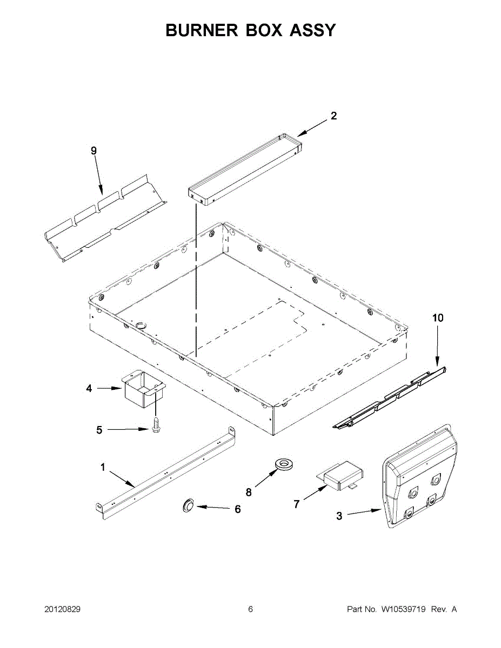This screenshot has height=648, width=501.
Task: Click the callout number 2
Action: [x=334, y=116]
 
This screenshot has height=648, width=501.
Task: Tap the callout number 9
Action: [x=93, y=151]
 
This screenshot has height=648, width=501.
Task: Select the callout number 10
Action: [x=437, y=318]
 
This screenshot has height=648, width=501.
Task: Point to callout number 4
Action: [x=89, y=388]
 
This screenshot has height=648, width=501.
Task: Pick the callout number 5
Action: [x=99, y=430]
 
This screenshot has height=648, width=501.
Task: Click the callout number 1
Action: [x=103, y=468]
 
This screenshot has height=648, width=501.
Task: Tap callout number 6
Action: [x=237, y=509]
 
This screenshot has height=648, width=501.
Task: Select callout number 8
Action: [x=249, y=492]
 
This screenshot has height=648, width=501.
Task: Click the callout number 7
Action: [x=296, y=504]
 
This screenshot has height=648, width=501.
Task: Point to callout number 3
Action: [x=339, y=516]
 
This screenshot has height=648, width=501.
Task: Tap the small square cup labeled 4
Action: [x=144, y=389]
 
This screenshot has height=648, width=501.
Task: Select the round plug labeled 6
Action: [x=188, y=505]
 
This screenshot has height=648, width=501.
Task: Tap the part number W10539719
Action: [x=404, y=609]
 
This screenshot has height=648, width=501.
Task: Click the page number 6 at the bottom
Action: [x=250, y=609]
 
